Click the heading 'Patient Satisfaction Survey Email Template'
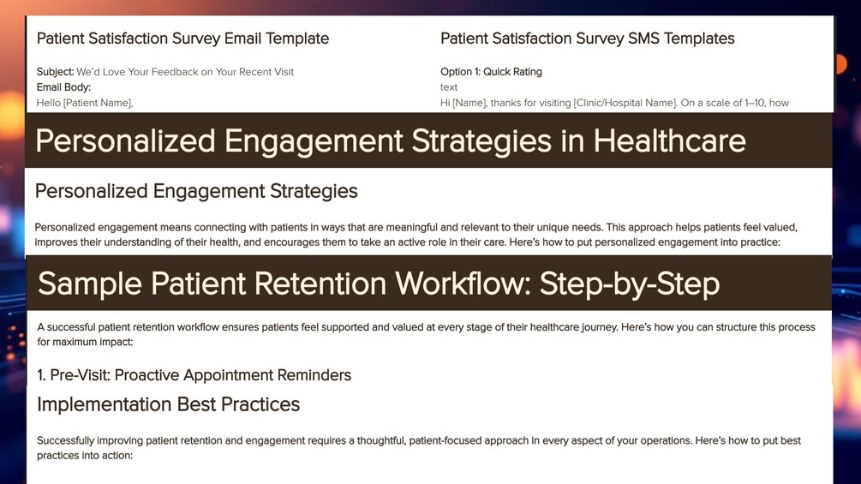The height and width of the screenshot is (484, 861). [x=182, y=39]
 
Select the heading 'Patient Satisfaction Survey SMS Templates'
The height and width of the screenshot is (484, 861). [x=588, y=39]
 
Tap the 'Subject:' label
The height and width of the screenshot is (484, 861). [x=55, y=72]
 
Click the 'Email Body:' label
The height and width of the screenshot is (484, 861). [x=63, y=87]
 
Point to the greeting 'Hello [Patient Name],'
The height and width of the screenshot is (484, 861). [x=85, y=103]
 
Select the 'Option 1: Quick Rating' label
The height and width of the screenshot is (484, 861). [x=491, y=72]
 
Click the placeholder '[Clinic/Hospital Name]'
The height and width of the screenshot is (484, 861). [x=625, y=103]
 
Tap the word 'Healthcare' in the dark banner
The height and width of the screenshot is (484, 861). [x=669, y=140]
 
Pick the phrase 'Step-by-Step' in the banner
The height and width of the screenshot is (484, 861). [x=630, y=284]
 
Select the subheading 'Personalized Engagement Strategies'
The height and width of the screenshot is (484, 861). [x=196, y=191]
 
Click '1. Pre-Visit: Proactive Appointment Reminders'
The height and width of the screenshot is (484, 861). [x=194, y=375]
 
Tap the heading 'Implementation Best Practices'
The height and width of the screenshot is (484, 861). [x=169, y=404]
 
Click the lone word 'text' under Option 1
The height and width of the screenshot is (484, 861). [x=449, y=87]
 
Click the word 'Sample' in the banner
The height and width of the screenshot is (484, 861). [x=89, y=284]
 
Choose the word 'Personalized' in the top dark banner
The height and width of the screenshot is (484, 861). [x=125, y=140]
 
